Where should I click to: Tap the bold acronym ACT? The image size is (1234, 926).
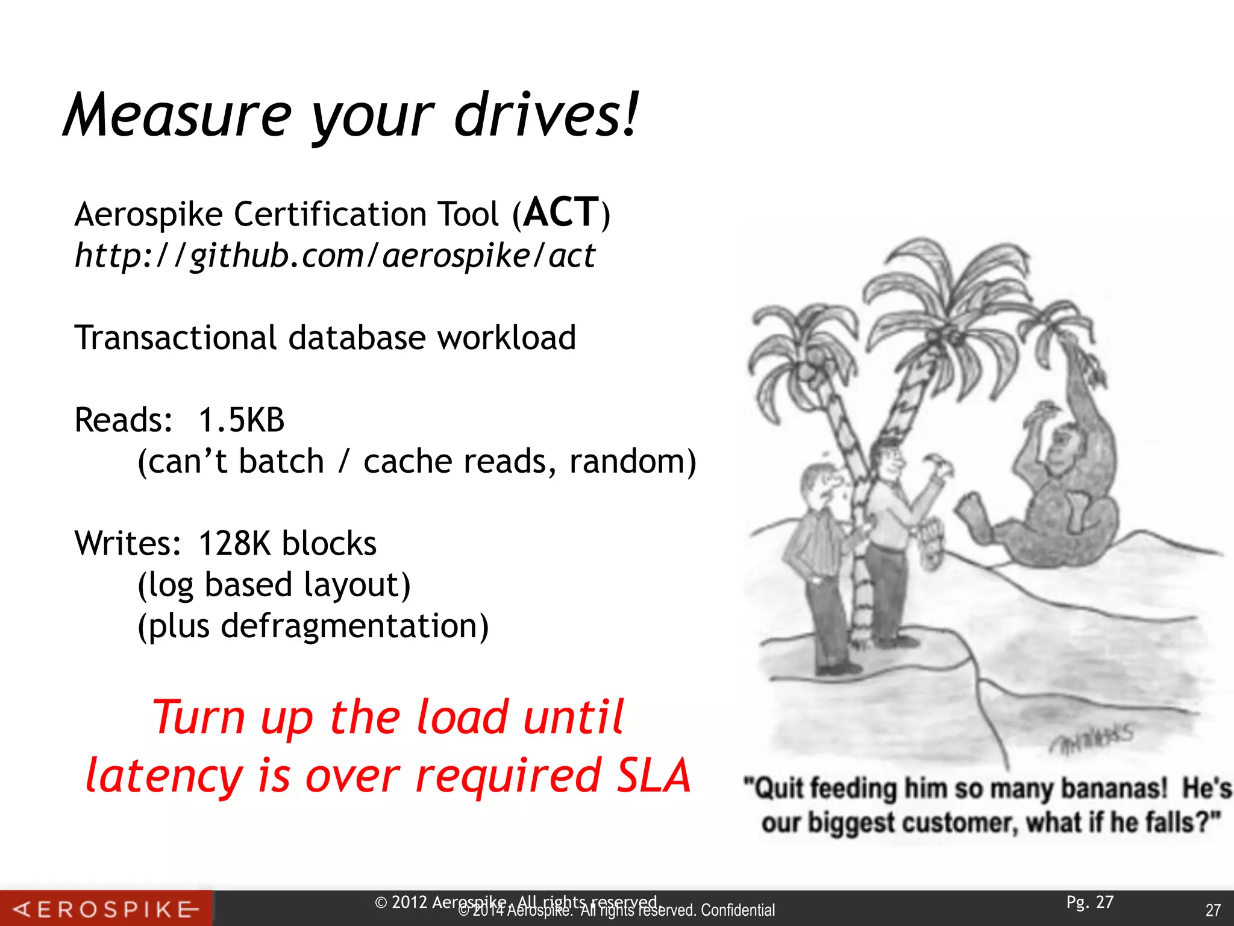point(561,213)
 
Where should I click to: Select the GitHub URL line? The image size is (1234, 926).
point(335,256)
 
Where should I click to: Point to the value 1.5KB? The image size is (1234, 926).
point(241,420)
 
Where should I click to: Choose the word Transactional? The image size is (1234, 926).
point(175,338)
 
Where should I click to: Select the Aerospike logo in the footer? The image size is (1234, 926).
point(106,909)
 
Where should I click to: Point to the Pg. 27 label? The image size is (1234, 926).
point(1090,902)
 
